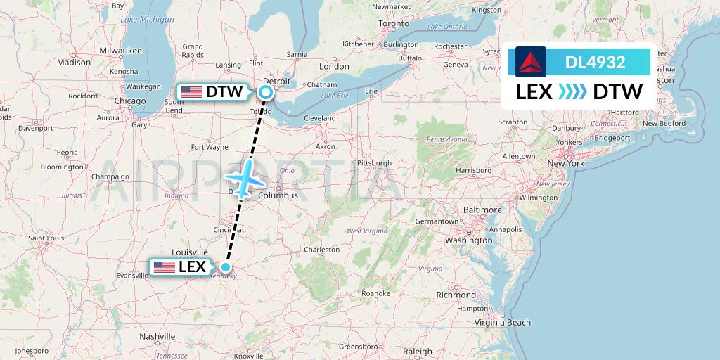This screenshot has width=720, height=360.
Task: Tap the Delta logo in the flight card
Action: (531, 61)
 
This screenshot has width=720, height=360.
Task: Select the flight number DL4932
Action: (595, 62)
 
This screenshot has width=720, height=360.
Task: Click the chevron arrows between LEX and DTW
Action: (572, 92)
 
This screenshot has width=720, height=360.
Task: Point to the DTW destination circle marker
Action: (266, 91)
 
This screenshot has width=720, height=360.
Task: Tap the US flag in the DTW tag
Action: (191, 91)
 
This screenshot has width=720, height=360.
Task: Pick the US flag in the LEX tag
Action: (164, 267)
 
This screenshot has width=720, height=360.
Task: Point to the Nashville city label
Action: (156, 336)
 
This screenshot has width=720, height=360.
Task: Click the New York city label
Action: (566, 163)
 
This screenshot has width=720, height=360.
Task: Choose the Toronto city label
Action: (393, 23)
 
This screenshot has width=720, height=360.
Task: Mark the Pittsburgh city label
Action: (373, 163)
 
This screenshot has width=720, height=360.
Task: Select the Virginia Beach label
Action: (501, 322)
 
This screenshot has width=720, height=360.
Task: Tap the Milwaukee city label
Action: (121, 51)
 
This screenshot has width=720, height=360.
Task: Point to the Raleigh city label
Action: (418, 351)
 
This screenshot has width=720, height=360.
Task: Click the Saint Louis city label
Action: (46, 238)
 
